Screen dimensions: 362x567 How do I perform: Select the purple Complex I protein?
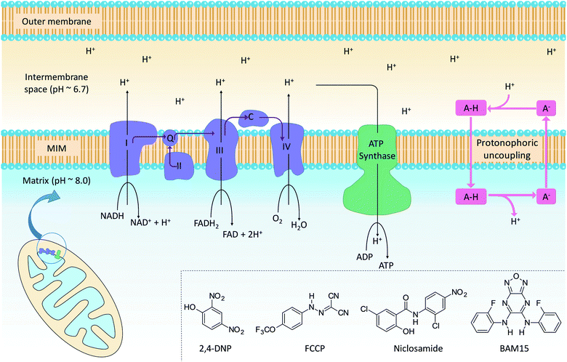(x=127, y=145)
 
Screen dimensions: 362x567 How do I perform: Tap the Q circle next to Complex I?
(x=172, y=135)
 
